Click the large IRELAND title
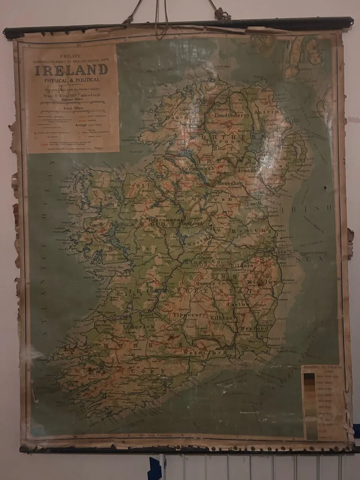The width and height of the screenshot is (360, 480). [71, 70]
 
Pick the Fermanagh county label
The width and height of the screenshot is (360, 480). [198, 168]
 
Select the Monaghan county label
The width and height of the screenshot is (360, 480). [230, 183]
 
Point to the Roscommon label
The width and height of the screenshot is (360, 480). [164, 220]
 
